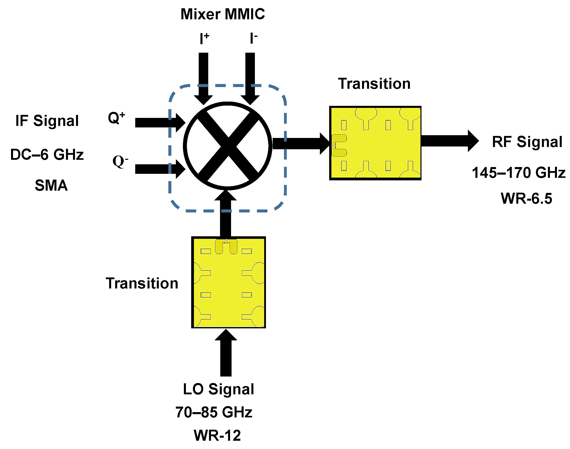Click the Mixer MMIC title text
pos(223,14)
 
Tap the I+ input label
pos(204,39)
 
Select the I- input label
pos(253,38)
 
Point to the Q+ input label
pos(116,118)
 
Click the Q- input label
pos(120,161)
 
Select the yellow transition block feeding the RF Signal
pos(375,143)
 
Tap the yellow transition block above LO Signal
pos(228,282)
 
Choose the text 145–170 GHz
pos(519,173)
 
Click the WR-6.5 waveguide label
pos(526,198)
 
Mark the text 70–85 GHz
pos(214,412)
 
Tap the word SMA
pos(51,185)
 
